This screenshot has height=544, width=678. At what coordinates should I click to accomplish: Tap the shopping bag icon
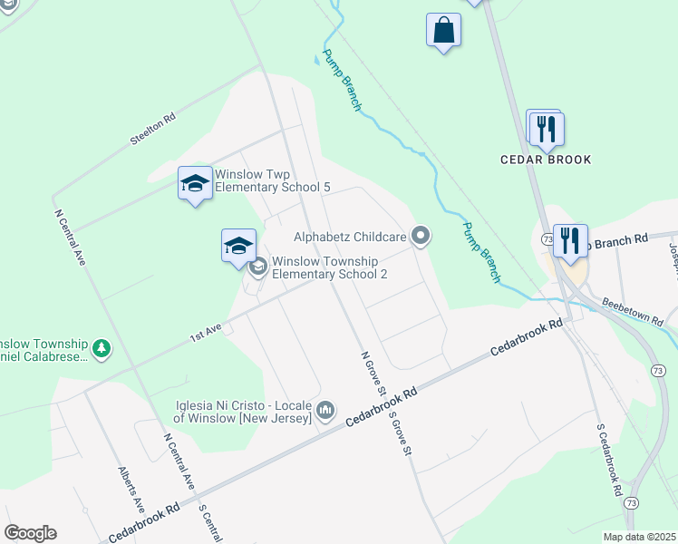click(x=444, y=30)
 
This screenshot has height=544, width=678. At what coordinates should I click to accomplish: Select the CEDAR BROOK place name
click(x=546, y=160)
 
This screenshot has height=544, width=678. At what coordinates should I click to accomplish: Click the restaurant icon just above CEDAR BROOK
click(x=545, y=128)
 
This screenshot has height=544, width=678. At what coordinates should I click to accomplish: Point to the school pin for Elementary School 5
click(x=195, y=184)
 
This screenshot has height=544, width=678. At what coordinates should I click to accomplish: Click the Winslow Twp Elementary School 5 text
click(x=272, y=180)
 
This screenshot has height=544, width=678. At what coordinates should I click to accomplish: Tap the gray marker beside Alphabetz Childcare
click(x=420, y=237)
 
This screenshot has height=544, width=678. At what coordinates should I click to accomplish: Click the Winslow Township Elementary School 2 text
click(x=330, y=267)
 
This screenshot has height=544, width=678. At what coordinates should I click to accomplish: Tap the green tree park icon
click(x=102, y=348)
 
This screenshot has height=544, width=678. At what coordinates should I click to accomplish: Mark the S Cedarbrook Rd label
click(x=608, y=459)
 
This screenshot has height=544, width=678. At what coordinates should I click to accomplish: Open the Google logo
click(x=30, y=533)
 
